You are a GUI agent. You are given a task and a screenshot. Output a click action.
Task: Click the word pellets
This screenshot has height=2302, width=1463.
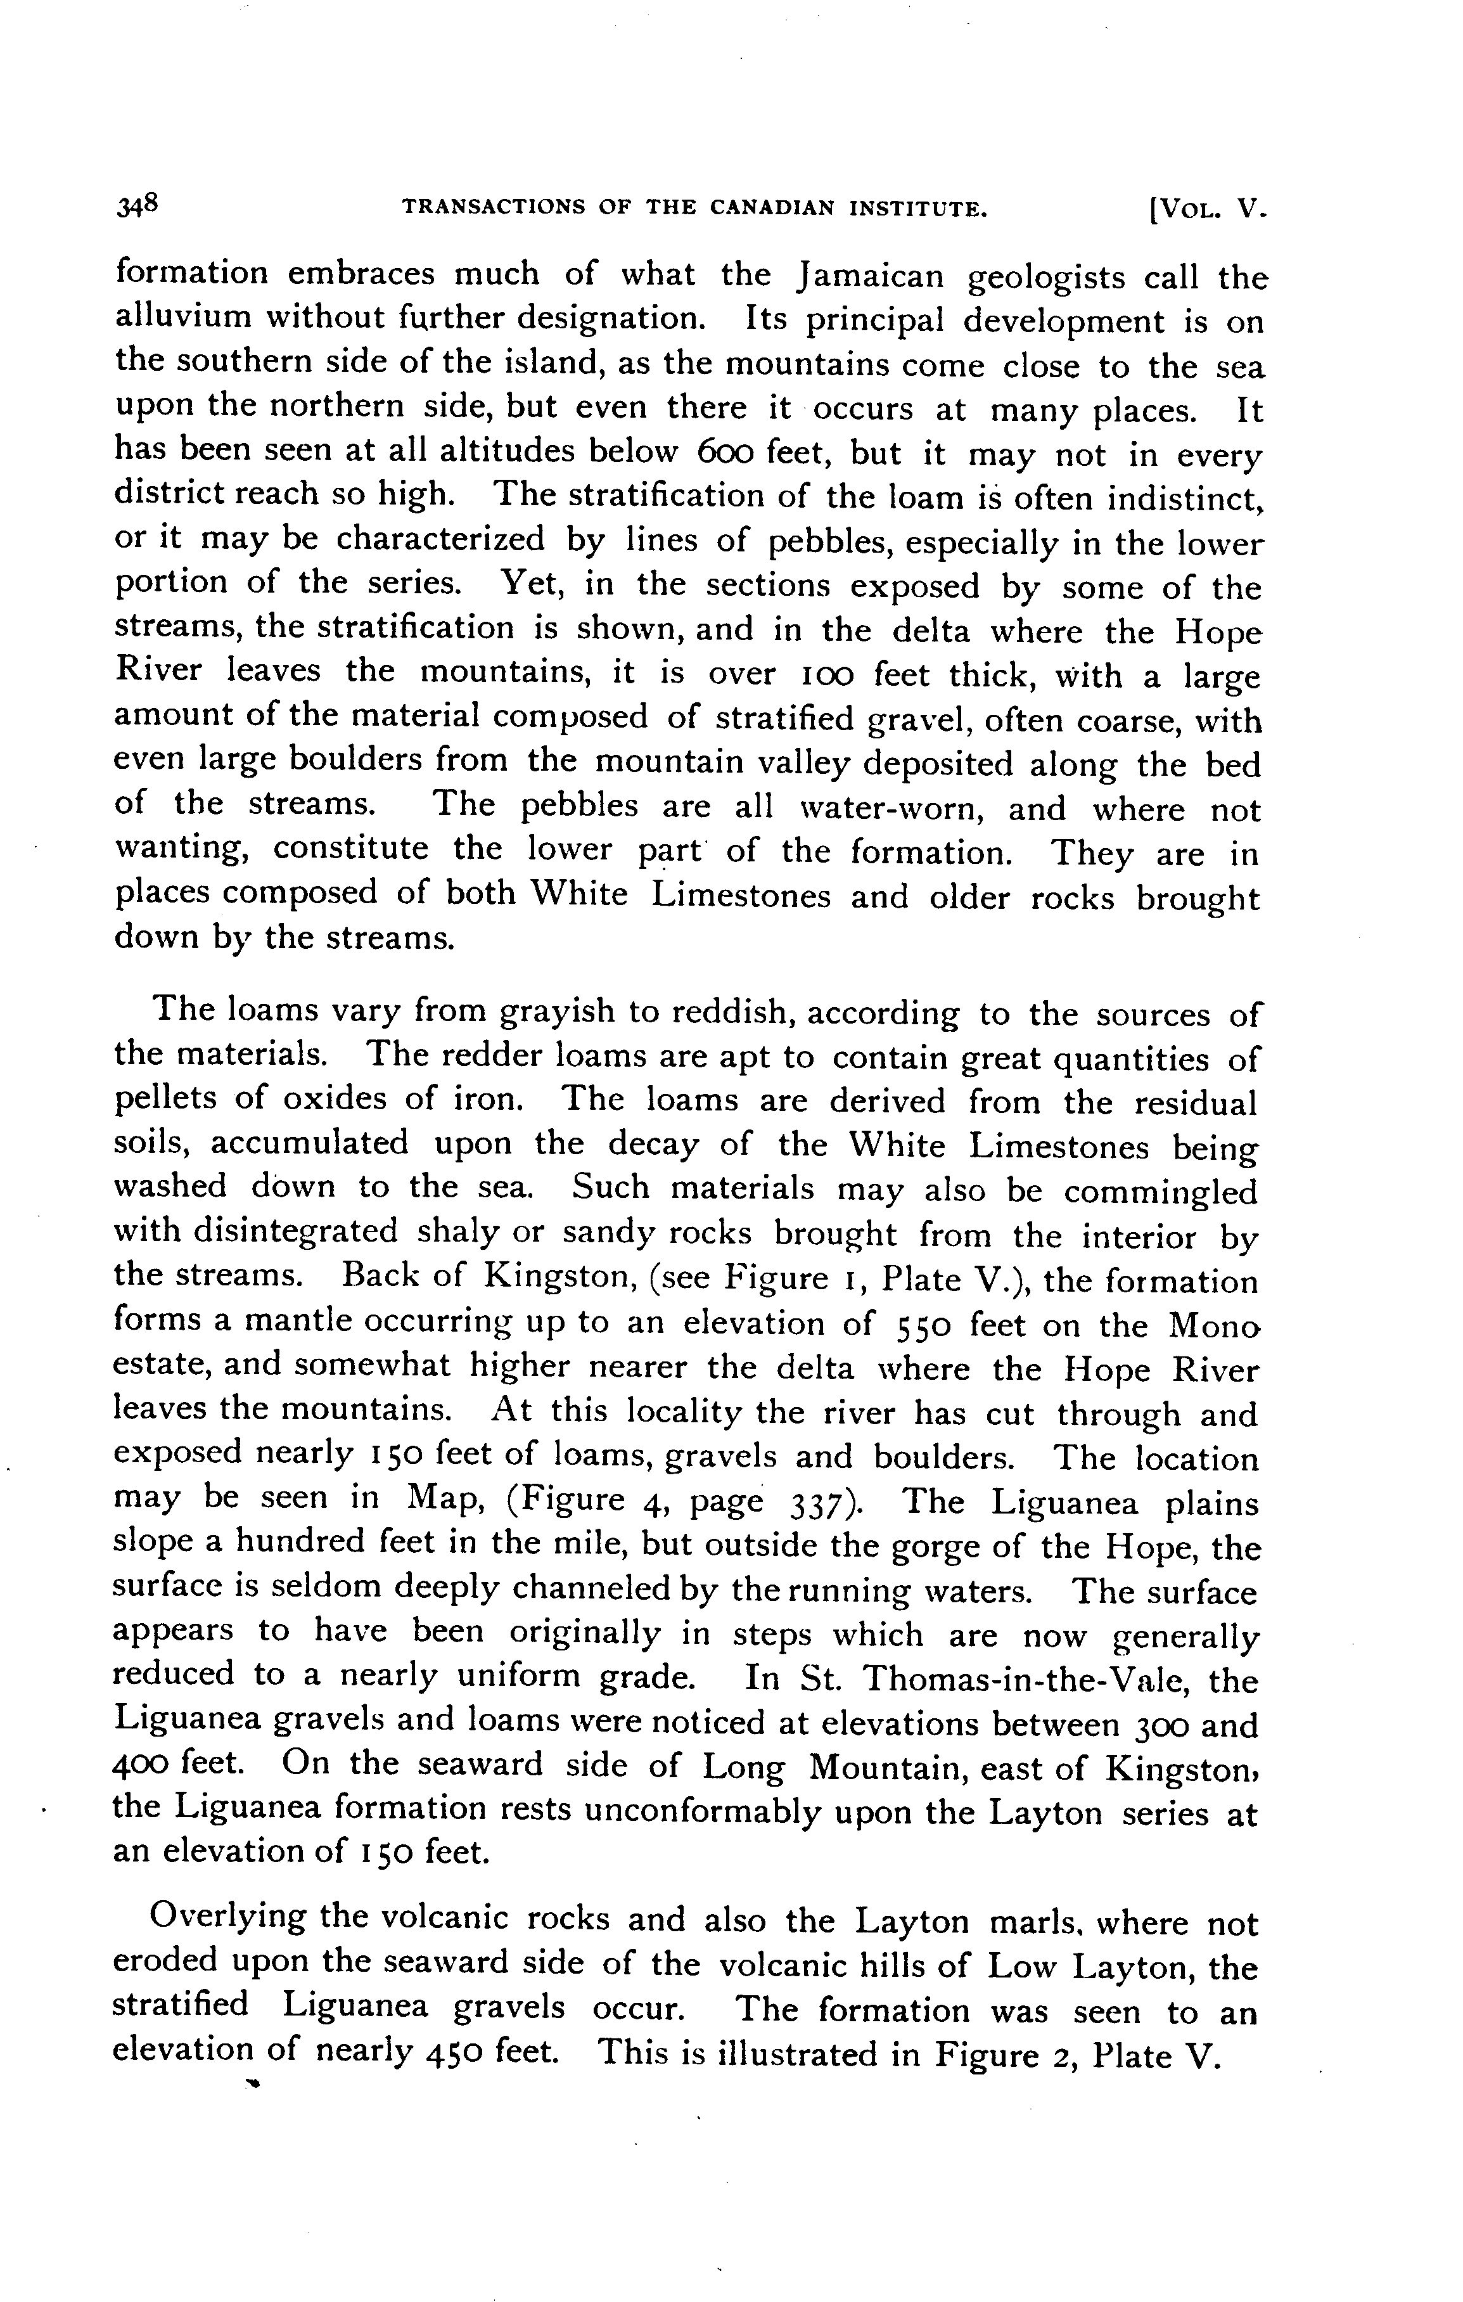tap(166, 1100)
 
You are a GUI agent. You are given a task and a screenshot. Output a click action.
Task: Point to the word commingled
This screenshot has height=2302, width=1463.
tap(1160, 1191)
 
